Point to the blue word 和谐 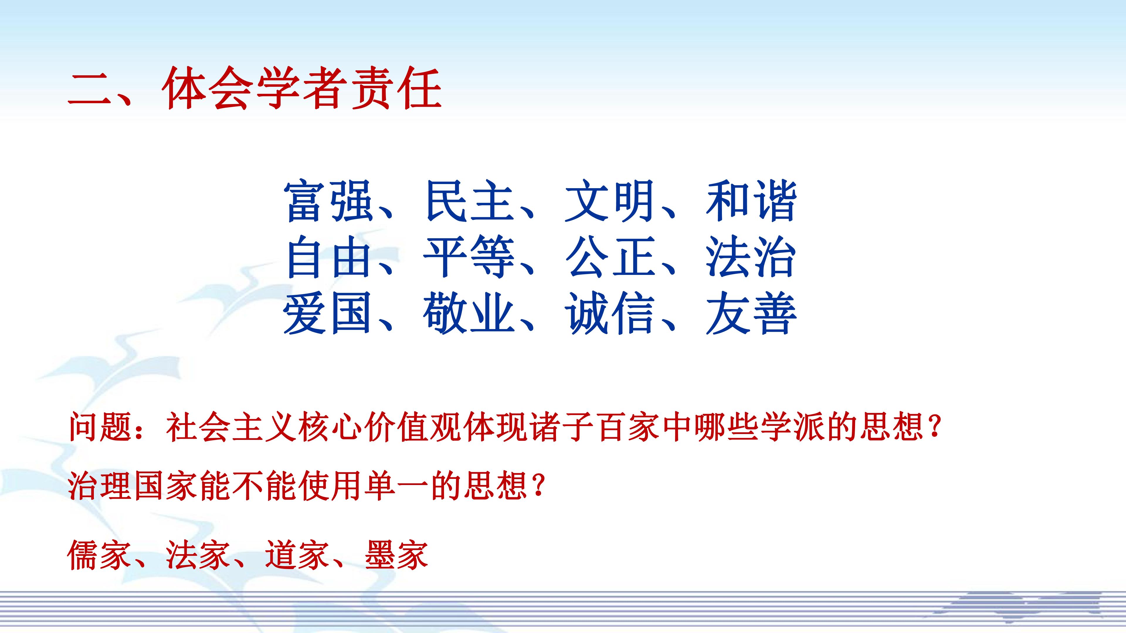coord(751,201)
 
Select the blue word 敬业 coord(469,314)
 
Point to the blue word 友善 coord(751,314)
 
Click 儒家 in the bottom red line coord(99,555)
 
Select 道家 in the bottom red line coord(296,555)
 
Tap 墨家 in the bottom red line coord(396,555)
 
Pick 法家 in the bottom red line coord(198,555)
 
